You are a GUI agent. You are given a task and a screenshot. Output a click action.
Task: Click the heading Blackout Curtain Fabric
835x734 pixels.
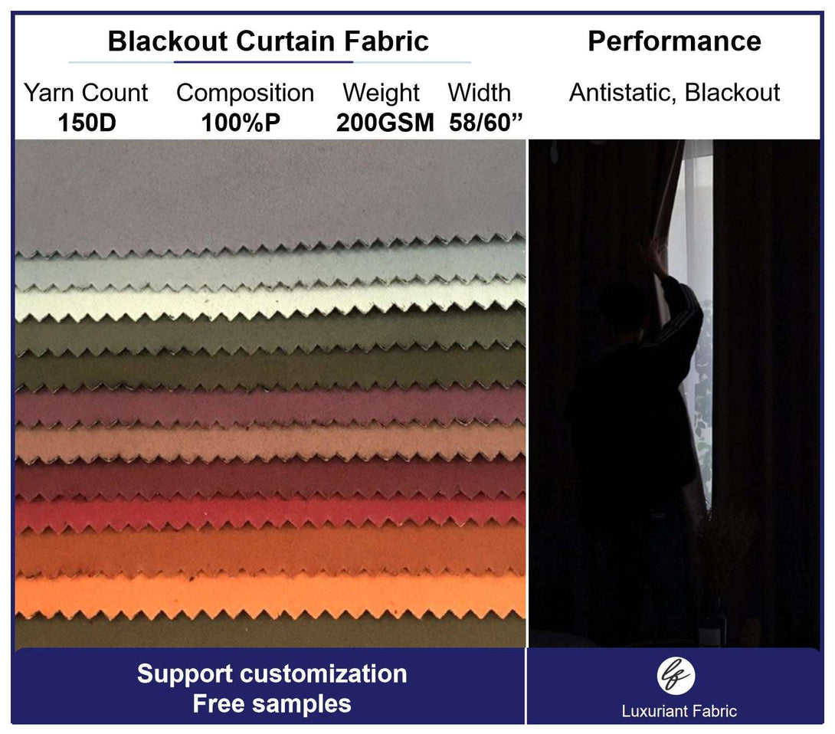pos(268,41)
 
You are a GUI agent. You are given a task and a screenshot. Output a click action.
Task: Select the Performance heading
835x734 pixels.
pos(674,41)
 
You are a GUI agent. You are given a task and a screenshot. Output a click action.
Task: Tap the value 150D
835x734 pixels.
pos(87,123)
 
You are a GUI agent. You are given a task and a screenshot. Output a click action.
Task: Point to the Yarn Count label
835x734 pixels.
pos(86,93)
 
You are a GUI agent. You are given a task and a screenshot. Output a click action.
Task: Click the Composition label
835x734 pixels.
pos(245,93)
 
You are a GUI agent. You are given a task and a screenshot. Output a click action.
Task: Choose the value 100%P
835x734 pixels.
pos(241,123)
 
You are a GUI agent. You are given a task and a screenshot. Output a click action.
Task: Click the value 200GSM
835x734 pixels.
pos(385,123)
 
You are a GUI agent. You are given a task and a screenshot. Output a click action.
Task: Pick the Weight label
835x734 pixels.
pos(381,93)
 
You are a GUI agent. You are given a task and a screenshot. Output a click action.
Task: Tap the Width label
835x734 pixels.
pos(479,93)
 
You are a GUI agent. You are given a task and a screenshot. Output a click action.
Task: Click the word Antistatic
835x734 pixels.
pos(621,93)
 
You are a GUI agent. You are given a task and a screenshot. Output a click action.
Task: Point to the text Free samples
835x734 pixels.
pos(271,703)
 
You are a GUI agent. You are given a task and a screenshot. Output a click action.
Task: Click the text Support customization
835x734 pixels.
pos(271,674)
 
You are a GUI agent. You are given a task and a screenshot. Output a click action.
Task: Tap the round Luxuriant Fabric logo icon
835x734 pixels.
pos(676,675)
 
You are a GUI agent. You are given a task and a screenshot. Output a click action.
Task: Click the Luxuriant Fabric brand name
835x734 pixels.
pos(679,711)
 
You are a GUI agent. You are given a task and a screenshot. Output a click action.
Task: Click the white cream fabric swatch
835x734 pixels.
pos(268,300)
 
